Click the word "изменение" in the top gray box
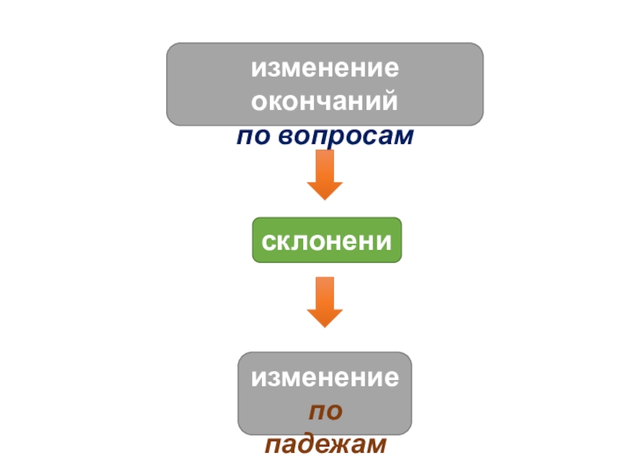pos(324,69)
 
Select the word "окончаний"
pos(324,103)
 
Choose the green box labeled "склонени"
pos(327,240)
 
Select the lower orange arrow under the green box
pos(324,302)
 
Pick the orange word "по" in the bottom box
pos(324,412)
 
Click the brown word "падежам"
pos(324,446)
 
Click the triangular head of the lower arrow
pos(324,317)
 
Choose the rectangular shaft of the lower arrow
pos(324,291)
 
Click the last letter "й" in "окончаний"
pos(389,103)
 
